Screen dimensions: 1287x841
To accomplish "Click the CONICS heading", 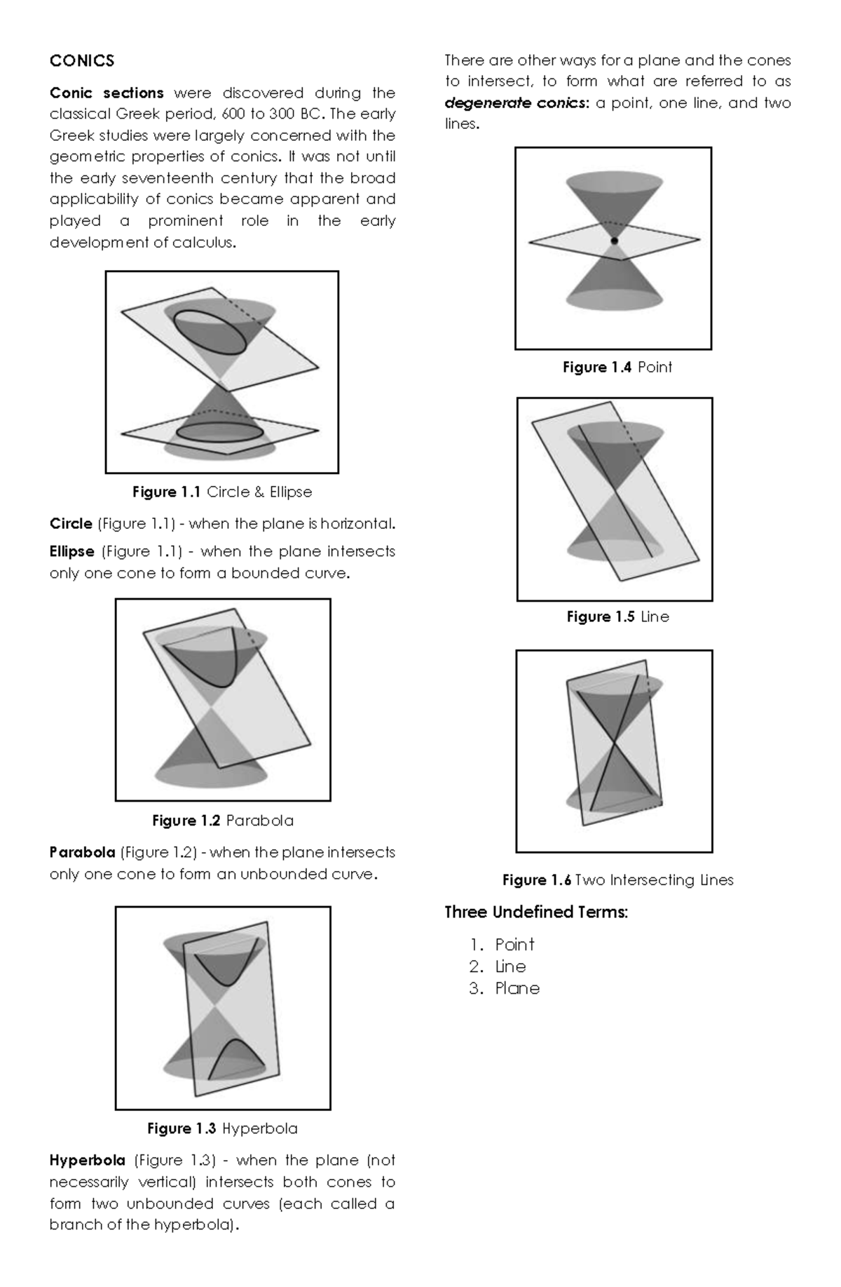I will [81, 61].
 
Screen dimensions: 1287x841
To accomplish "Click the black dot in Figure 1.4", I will [614, 241].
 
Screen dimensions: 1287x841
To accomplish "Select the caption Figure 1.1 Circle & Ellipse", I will [221, 492].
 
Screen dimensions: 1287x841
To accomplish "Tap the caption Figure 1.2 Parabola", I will [222, 820].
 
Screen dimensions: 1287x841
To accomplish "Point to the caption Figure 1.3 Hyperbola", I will [222, 1128].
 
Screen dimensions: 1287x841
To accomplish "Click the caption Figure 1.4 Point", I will [617, 367].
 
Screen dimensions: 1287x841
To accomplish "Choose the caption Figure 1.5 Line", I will [617, 616].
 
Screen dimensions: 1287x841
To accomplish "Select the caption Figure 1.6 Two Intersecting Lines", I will [617, 880].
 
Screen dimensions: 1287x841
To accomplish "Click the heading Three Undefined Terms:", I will [536, 912].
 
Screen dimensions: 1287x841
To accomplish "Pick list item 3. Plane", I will [505, 988].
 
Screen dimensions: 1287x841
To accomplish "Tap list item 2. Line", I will [498, 966].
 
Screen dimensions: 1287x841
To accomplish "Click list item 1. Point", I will [502, 945].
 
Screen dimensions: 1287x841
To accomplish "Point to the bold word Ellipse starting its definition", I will [71, 551].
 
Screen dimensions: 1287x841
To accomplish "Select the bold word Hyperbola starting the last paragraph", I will [87, 1160].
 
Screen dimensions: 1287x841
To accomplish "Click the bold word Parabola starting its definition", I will [82, 852].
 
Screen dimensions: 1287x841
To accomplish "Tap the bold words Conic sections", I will [107, 93].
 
